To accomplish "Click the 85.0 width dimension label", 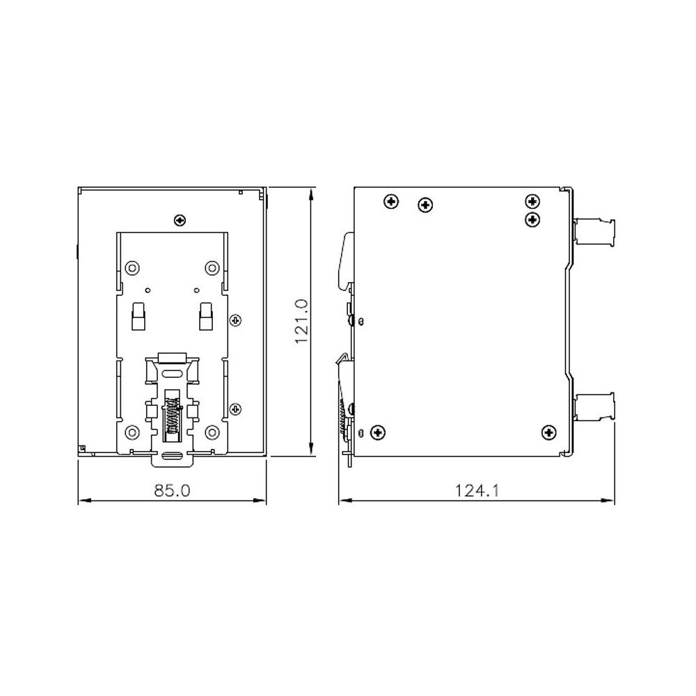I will pos(171,491).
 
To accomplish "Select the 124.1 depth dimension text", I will pos(477,491).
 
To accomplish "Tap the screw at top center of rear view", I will pos(180,220).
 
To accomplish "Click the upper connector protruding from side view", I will pos(595,230).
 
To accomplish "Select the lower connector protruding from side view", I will pos(595,406).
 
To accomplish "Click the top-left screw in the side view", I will pos(391,203).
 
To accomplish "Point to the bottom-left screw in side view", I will pos(378,432).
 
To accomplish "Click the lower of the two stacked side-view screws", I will pos(532,219).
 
